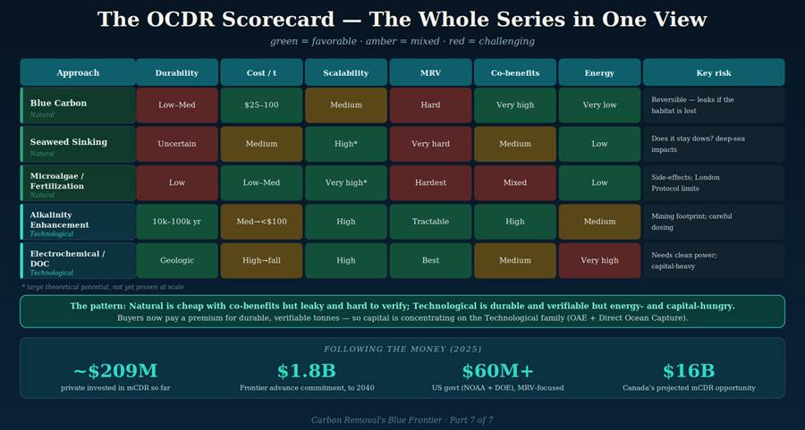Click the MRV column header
430,72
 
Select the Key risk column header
714,72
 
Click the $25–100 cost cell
261,105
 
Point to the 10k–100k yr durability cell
177,222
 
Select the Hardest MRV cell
430,182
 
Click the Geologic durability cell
177,261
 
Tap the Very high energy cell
599,261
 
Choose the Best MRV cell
430,261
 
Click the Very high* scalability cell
346,182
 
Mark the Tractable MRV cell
430,222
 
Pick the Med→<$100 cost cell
261,222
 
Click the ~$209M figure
115,370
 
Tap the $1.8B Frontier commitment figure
307,370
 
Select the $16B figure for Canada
689,370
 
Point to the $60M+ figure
498,370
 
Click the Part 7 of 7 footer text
471,420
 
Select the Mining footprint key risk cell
714,222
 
